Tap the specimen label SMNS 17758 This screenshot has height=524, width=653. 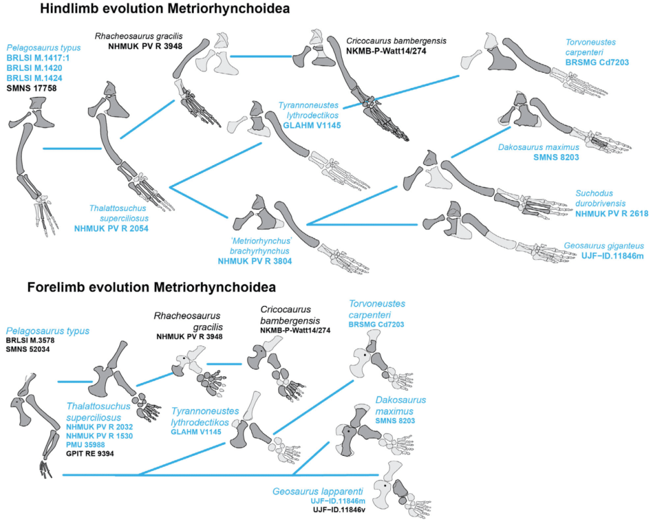coord(31,87)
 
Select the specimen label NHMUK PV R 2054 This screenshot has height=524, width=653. coord(111,228)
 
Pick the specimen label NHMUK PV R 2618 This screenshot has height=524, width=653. coord(612,214)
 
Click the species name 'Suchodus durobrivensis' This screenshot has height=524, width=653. coord(607,198)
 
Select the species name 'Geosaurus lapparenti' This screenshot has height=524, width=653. coord(316,491)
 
